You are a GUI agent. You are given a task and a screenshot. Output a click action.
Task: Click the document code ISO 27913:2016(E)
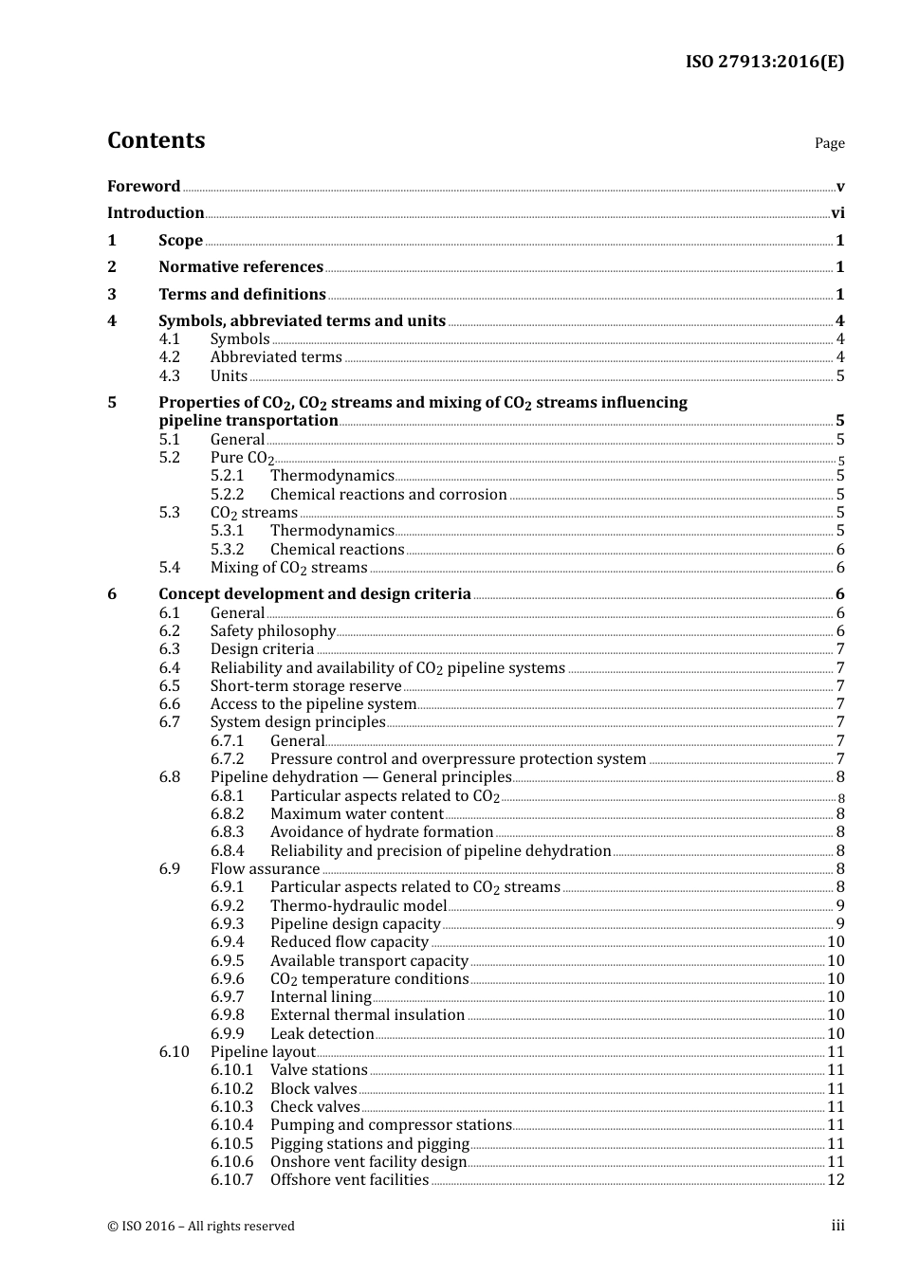tap(764, 62)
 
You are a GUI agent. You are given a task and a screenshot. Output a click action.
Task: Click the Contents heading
tap(156, 140)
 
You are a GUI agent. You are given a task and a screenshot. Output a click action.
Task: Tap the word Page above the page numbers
tap(829, 143)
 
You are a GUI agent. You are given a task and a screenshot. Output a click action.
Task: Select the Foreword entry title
tap(143, 186)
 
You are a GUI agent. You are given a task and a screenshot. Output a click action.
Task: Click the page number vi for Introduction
tap(837, 213)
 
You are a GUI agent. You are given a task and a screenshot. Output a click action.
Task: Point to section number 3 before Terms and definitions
tap(112, 294)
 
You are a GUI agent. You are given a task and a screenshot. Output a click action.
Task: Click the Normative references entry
tap(241, 267)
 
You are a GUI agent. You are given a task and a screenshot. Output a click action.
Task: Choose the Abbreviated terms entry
tap(276, 357)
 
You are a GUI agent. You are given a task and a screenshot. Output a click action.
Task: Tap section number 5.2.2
tap(227, 494)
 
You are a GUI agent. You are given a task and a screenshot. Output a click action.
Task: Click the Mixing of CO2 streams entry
tap(288, 568)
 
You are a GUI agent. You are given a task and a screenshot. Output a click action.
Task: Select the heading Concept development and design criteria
tap(314, 594)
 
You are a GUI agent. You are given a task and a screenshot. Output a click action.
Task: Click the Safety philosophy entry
tap(273, 631)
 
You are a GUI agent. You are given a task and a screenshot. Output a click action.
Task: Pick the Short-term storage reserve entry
tap(305, 686)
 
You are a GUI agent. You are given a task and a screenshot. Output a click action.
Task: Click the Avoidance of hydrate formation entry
tap(381, 832)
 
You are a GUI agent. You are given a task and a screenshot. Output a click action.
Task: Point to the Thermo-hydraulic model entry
tap(358, 905)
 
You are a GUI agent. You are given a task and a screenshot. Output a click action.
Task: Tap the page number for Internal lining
tap(836, 997)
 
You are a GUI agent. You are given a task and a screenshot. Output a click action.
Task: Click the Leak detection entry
tap(322, 1034)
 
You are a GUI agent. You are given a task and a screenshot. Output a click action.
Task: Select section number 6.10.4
tap(231, 1125)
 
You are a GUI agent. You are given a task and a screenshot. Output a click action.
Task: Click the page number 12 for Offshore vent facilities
tap(836, 1180)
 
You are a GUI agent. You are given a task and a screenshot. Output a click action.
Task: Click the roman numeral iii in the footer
tap(837, 1226)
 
